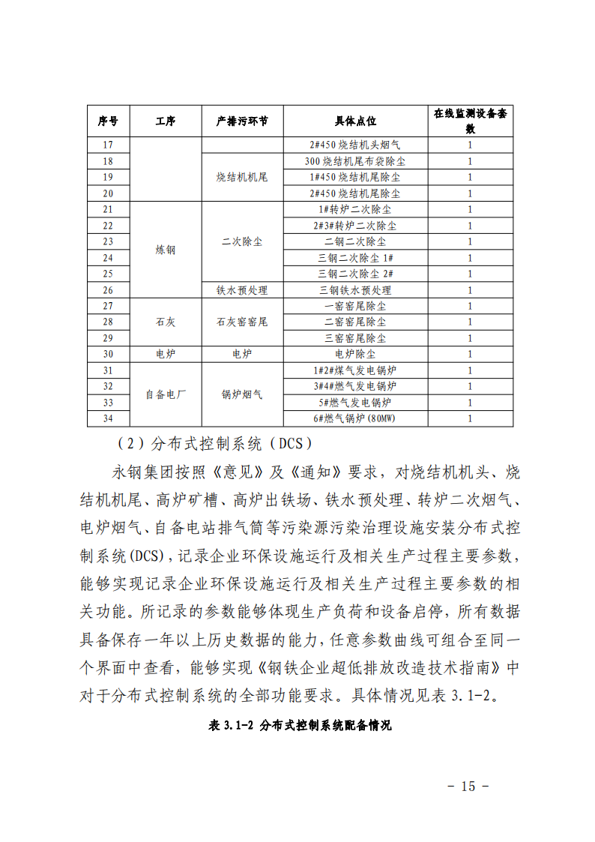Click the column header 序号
108,121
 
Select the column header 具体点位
355,121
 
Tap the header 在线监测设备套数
470,121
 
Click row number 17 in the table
108,145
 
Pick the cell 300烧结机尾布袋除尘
355,161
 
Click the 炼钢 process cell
165,250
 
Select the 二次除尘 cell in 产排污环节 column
242,241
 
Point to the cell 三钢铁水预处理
355,290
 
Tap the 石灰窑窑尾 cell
242,322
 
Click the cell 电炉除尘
355,354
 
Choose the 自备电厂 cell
165,394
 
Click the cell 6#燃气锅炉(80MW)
355,418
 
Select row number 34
108,418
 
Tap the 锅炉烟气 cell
242,394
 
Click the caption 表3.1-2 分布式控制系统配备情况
301,726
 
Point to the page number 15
468,787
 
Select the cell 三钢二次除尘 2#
355,274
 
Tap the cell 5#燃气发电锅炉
355,403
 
